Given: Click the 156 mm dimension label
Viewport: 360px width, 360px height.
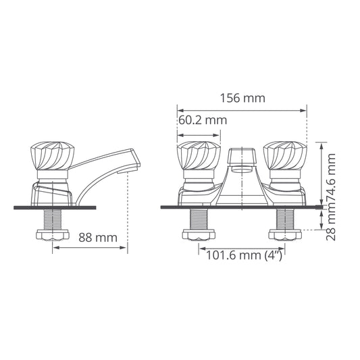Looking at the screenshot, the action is click(242, 98).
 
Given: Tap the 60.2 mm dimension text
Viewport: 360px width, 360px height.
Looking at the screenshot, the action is click(203, 120).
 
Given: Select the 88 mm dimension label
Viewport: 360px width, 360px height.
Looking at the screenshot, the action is click(98, 237).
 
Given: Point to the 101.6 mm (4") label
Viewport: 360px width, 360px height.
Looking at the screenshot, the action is click(245, 255).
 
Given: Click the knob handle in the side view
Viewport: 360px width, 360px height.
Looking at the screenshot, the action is click(53, 156).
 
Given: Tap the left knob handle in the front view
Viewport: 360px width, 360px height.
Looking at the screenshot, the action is click(199, 156).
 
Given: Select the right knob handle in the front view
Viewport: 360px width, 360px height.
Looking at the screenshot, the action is click(285, 156).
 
